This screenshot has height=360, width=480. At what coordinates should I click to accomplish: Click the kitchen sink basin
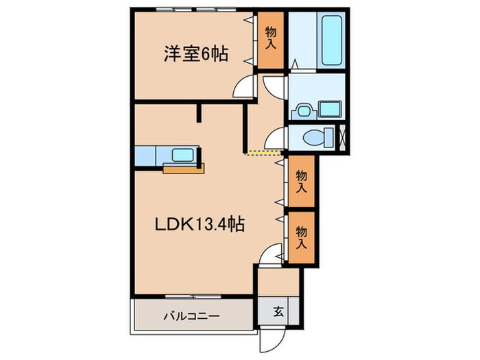(182, 155)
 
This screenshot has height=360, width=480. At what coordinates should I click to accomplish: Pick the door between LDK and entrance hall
(272, 255)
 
